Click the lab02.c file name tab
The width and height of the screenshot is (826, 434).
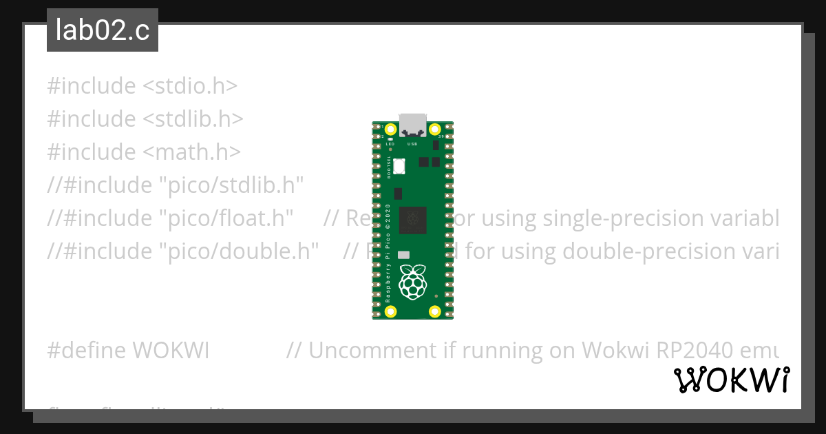pos(103,31)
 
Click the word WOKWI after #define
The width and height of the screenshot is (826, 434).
pos(171,351)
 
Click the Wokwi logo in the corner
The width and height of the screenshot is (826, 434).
pos(732,380)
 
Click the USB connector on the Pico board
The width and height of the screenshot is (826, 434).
pos(412,125)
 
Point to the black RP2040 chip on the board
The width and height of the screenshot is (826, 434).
pos(412,218)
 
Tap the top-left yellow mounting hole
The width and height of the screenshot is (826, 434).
pos(391,130)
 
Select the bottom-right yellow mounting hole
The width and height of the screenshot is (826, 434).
pos(434,311)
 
